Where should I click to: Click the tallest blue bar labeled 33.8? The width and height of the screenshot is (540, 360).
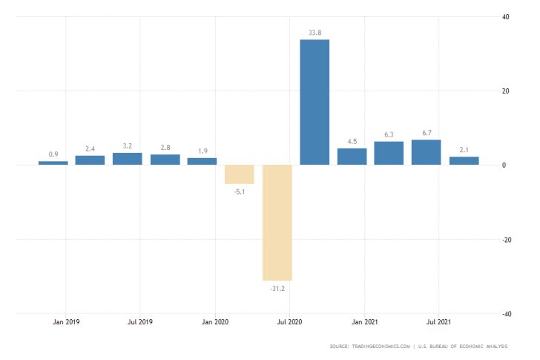[x=315, y=102]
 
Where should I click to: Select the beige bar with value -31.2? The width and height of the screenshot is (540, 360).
[x=277, y=222]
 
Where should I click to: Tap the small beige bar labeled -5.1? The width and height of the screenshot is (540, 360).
[x=240, y=174]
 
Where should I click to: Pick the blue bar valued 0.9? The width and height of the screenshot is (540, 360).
[x=53, y=163]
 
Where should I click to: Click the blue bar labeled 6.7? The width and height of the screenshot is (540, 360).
[x=427, y=152]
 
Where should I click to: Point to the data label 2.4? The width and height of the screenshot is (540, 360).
[x=90, y=148]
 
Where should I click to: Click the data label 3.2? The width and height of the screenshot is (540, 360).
[x=128, y=145]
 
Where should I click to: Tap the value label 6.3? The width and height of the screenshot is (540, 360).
[x=389, y=134]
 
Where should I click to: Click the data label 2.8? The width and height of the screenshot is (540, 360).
[x=165, y=147]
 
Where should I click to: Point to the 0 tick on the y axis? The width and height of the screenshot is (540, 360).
[x=504, y=165]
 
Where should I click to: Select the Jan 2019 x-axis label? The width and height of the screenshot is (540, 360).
[x=66, y=322]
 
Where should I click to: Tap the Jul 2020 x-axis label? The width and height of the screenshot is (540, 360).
[x=289, y=322]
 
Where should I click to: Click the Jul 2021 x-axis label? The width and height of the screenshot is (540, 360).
[x=438, y=322]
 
